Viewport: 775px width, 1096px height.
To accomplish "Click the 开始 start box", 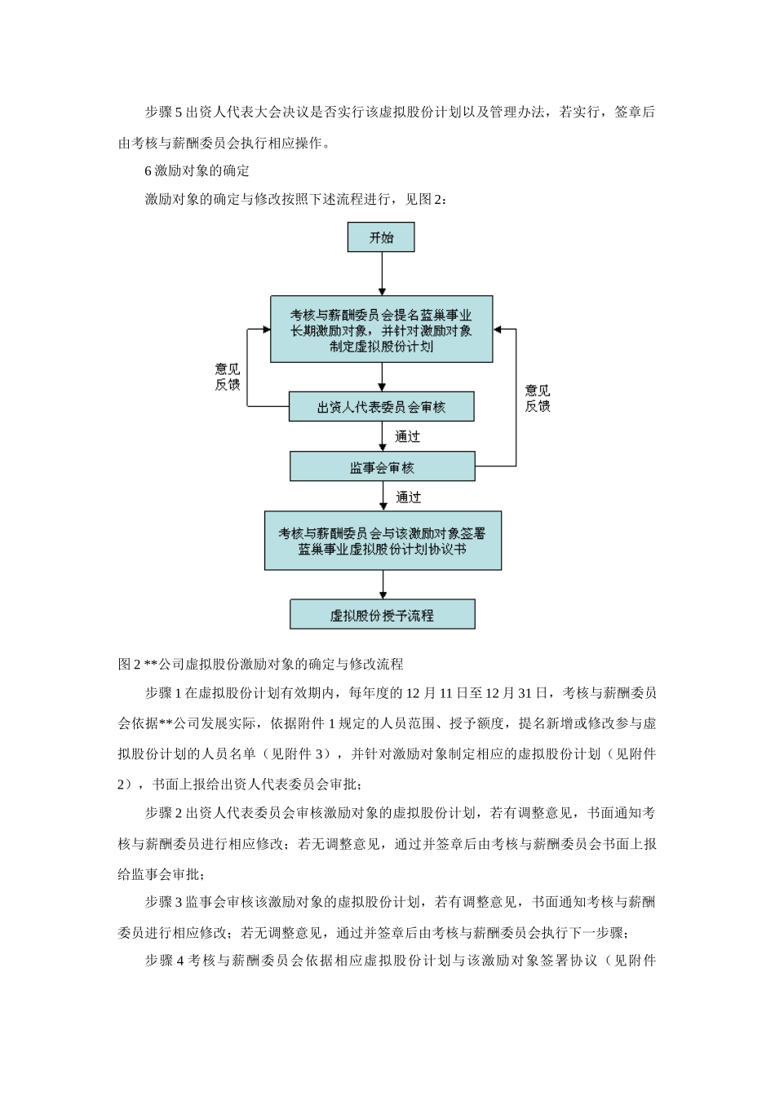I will pos(381,237).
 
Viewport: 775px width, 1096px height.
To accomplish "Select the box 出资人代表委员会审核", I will pos(381,406).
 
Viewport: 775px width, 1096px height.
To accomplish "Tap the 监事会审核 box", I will pos(382,467).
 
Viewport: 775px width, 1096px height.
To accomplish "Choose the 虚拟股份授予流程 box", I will pos(382,615).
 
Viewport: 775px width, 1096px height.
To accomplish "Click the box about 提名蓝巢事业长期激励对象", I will pos(381,329).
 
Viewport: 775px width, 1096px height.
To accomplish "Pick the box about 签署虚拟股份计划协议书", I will pos(382,540).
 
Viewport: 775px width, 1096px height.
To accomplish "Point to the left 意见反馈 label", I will pos(228,377).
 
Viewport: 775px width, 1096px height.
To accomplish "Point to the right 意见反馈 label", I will pos(538,398).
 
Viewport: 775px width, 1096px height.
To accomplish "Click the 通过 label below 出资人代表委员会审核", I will pos(408,437).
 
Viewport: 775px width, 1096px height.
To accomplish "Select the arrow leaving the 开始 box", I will pos(382,273).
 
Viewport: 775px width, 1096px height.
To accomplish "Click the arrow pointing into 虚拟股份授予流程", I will pos(382,586).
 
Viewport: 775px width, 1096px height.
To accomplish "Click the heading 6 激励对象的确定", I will pos(197,170).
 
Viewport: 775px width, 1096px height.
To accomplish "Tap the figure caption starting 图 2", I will pos(261,664).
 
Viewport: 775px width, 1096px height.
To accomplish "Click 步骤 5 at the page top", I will pos(164,113).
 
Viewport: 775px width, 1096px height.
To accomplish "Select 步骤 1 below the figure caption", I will pos(164,693).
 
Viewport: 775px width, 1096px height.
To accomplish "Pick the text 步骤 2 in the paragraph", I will pos(164,813).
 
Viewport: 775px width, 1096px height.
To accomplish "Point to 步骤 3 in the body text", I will pos(164,902).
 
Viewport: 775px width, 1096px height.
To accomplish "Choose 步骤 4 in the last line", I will pos(164,961).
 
